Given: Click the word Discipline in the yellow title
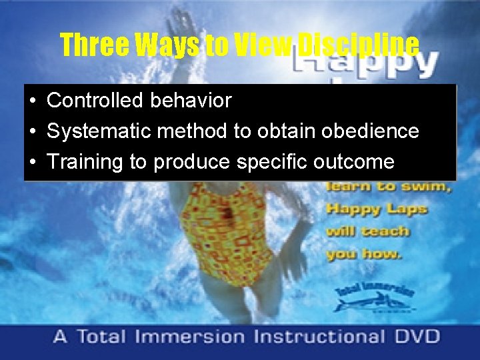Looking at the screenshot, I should [357, 45].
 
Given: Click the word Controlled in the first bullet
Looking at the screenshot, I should [89, 101].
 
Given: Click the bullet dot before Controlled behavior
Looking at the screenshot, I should [32, 101].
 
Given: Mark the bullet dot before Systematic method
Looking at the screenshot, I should [32, 132].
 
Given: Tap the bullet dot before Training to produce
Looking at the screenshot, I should [32, 163].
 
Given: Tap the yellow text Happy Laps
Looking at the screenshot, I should [377, 209].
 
